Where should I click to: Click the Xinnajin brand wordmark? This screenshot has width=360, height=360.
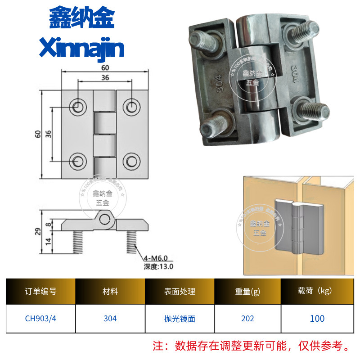(x=82, y=48)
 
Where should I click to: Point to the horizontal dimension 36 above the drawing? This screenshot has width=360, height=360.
(x=105, y=77)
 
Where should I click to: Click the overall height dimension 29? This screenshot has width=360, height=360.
(x=38, y=231)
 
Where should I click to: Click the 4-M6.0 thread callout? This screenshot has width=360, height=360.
(x=155, y=258)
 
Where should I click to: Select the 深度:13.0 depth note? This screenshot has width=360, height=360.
(x=158, y=266)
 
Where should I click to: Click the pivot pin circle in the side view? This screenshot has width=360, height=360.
(x=106, y=219)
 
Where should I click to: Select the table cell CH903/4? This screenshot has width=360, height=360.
(x=40, y=319)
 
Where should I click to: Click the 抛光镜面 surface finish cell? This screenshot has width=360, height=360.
(x=180, y=319)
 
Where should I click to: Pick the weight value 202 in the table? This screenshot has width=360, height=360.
(x=247, y=319)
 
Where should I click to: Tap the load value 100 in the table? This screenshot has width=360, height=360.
(x=317, y=319)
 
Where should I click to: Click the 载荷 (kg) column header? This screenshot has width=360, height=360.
(x=317, y=291)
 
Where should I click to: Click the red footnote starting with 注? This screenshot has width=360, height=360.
(x=252, y=346)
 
